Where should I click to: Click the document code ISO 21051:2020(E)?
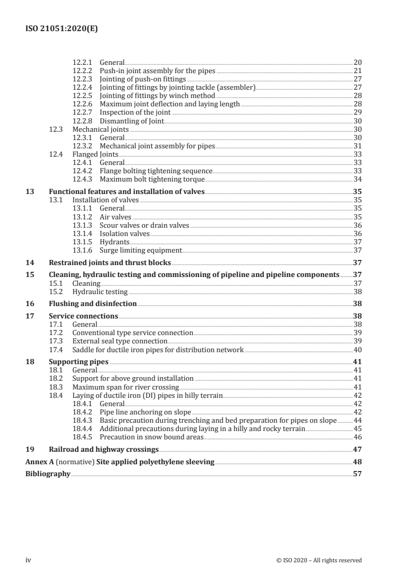(x=62, y=30)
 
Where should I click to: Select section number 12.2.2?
(x=83, y=70)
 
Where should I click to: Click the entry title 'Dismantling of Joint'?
(x=132, y=121)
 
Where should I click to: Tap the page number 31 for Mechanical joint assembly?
(x=357, y=146)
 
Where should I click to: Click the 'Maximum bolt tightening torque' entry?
(x=152, y=179)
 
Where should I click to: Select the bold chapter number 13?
(x=30, y=191)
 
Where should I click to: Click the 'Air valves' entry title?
(x=115, y=217)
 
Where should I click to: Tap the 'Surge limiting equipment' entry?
(x=140, y=250)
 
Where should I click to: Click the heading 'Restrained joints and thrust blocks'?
(x=110, y=262)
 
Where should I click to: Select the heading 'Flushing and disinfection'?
(x=93, y=303)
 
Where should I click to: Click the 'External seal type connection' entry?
(x=120, y=341)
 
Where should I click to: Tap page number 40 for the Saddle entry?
(x=357, y=350)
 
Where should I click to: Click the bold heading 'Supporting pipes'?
(x=78, y=362)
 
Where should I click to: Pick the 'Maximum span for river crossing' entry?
(x=125, y=387)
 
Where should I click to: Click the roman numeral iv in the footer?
(x=29, y=560)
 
